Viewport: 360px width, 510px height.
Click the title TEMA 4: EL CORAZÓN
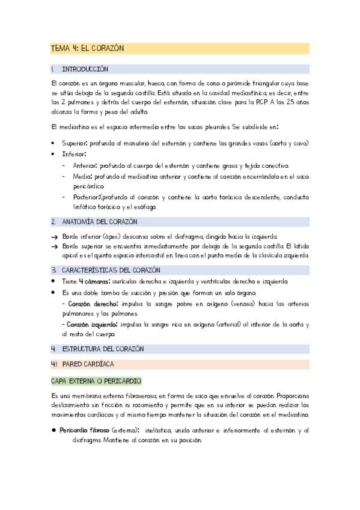[x=87, y=49]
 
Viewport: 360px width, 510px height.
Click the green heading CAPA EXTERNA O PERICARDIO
[x=96, y=381]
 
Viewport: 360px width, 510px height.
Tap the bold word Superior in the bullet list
[x=75, y=143]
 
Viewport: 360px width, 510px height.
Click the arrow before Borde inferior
[x=55, y=236]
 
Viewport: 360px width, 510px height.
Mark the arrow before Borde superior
[x=55, y=247]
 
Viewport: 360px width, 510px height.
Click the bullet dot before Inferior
[x=54, y=155]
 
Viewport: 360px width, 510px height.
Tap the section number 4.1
[x=54, y=364]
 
